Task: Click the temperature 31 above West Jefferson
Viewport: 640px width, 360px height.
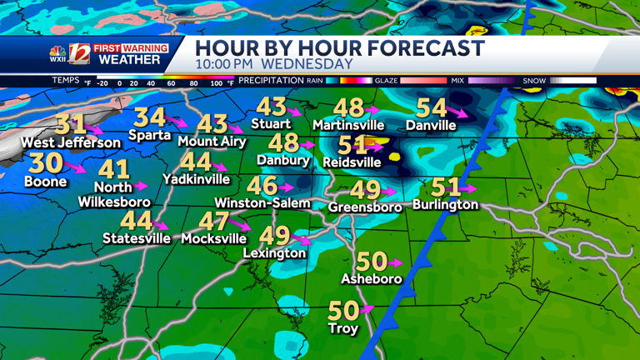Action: [71, 125]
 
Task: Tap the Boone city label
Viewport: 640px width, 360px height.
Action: [46, 181]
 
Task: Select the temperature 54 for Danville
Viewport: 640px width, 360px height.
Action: [431, 108]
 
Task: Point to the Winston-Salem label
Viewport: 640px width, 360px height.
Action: [262, 202]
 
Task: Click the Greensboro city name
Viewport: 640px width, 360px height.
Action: [365, 206]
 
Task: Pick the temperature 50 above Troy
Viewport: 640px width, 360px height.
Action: [343, 311]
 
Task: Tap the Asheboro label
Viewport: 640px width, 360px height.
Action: [372, 279]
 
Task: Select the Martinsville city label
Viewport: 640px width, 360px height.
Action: [348, 125]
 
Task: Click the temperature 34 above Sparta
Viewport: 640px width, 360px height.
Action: [149, 117]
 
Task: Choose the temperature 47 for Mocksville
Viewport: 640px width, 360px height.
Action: [213, 222]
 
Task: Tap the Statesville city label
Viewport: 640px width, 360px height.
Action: [137, 238]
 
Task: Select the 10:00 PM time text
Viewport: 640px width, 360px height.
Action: [225, 64]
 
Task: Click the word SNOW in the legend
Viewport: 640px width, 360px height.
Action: [534, 81]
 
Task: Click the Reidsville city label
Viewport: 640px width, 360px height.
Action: [352, 162]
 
